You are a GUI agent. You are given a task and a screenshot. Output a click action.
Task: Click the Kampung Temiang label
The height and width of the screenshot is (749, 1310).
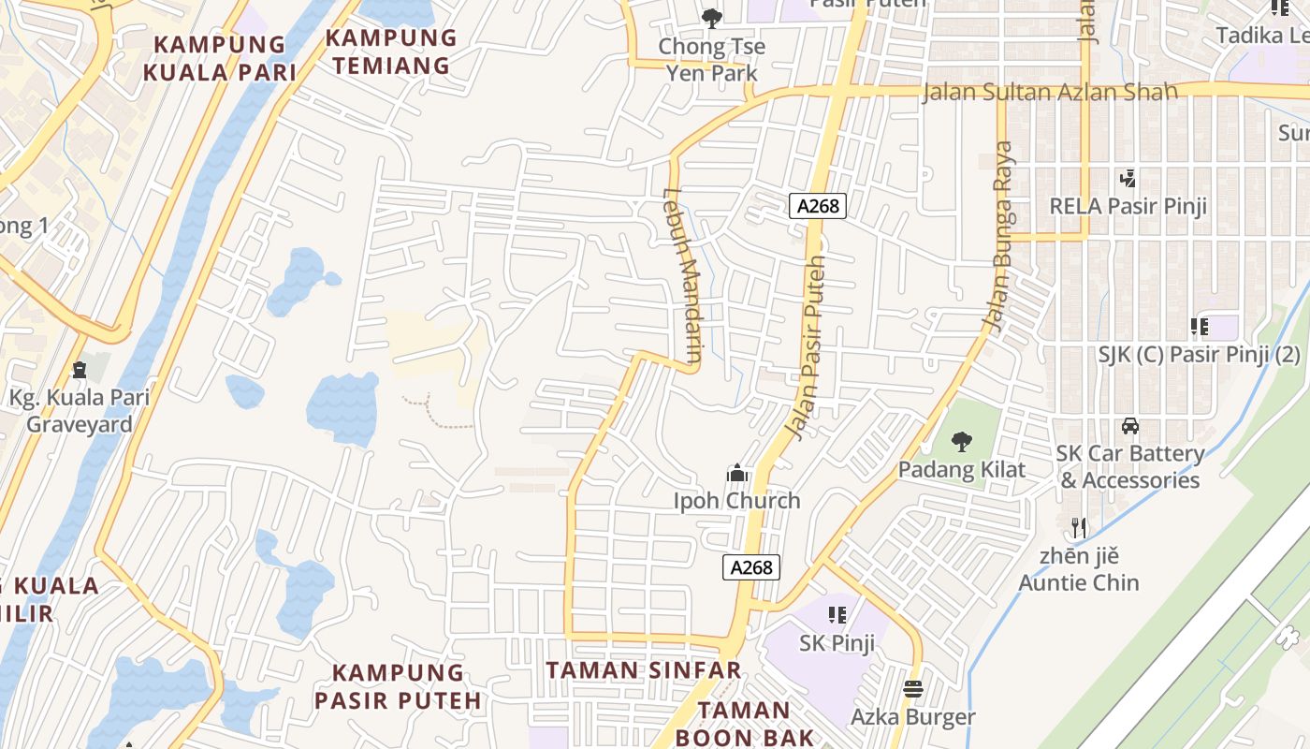coord(391,51)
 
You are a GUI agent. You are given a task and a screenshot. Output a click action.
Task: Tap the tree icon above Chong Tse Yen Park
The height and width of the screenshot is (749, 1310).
coord(711,18)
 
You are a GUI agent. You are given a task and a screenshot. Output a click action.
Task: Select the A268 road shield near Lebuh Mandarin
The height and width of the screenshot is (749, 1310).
coord(818,206)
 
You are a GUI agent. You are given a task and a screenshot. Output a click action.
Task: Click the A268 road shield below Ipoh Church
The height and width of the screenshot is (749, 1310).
coord(751,566)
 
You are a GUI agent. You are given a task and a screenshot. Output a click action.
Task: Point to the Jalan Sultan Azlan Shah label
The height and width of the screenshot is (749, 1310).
coord(1049,93)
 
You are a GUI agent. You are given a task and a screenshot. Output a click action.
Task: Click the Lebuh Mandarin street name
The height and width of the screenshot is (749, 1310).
coord(682,275)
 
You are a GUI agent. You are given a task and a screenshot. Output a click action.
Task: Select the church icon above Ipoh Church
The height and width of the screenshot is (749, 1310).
coord(737,474)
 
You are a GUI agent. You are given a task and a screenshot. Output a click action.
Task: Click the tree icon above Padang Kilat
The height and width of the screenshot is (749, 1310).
coord(961,442)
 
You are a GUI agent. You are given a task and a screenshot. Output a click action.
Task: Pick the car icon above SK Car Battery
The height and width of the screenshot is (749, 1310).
coord(1129,426)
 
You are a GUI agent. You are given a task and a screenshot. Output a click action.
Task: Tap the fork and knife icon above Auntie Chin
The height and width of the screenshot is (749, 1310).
coord(1079,528)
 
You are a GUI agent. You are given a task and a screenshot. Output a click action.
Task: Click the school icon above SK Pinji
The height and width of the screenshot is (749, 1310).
coord(837,615)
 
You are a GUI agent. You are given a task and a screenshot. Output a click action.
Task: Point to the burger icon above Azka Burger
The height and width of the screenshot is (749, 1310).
coord(913,690)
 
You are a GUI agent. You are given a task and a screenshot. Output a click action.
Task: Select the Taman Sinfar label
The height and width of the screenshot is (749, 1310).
coord(644,670)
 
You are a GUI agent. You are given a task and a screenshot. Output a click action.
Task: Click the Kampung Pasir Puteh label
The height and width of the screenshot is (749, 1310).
coord(398,686)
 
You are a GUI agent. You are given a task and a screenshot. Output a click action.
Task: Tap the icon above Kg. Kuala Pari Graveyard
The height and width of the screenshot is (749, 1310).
coord(80,370)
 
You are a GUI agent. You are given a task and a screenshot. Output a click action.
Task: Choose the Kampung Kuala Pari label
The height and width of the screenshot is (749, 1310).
coord(220,58)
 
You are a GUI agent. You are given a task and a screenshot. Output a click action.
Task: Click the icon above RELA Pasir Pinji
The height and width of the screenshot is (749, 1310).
coord(1128,178)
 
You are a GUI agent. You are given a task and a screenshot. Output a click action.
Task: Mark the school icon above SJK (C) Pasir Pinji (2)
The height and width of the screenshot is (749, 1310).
coord(1199,327)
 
